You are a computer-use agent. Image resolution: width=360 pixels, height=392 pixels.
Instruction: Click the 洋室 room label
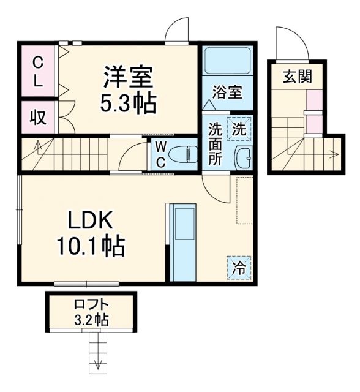(128, 78)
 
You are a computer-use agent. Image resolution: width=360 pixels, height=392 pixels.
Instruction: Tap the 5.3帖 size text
(128, 103)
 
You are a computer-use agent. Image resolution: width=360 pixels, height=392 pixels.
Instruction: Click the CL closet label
(37, 71)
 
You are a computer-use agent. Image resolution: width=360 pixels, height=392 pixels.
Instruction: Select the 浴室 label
(227, 92)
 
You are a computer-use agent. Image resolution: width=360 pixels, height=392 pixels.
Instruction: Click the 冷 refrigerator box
(239, 267)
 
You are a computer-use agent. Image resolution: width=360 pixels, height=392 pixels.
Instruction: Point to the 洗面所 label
(215, 143)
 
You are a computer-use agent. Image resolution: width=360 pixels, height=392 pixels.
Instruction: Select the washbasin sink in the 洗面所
(242, 159)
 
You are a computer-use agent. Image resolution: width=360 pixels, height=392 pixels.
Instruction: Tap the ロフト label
(91, 305)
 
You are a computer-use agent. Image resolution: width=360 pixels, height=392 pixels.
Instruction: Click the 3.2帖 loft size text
(91, 319)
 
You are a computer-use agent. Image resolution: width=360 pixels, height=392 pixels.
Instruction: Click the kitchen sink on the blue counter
(183, 223)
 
